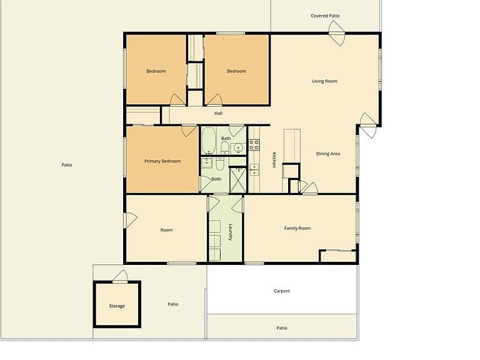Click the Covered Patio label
tap(325, 16)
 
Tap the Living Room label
tap(324, 81)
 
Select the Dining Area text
tap(328, 154)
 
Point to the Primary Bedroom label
tap(162, 161)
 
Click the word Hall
tap(218, 113)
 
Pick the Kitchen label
tap(274, 160)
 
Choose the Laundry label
tap(231, 232)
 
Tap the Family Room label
tap(297, 228)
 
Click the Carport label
tap(282, 291)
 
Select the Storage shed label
tap(117, 306)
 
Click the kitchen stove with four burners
tap(254, 145)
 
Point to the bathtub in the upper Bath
tap(209, 141)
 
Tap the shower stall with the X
tap(238, 180)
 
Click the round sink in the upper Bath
tap(238, 149)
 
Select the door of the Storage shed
tap(120, 276)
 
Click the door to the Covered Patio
tap(337, 33)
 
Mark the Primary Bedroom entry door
tap(189, 130)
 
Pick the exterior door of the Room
tap(130, 220)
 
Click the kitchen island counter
tap(292, 146)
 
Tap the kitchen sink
tap(254, 169)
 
